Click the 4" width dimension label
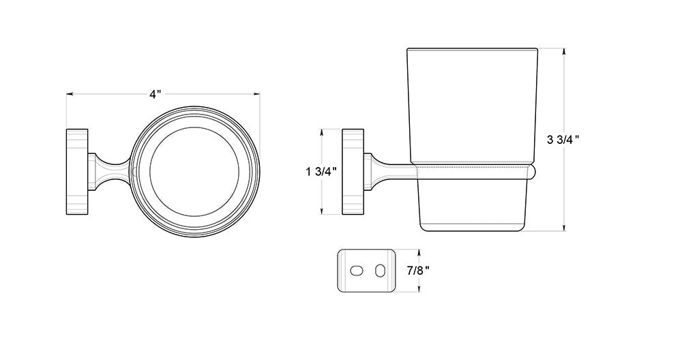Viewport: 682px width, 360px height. click(x=155, y=94)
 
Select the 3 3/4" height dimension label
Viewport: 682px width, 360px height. click(x=563, y=140)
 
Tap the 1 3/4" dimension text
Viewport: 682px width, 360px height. click(x=321, y=171)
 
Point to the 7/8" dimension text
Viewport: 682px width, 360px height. click(x=418, y=270)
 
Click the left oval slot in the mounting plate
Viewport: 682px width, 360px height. click(x=356, y=271)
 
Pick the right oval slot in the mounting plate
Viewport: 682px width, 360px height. click(x=380, y=271)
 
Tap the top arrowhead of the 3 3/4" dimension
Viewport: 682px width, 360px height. click(x=564, y=51)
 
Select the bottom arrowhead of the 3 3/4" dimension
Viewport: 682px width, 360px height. click(x=564, y=228)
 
